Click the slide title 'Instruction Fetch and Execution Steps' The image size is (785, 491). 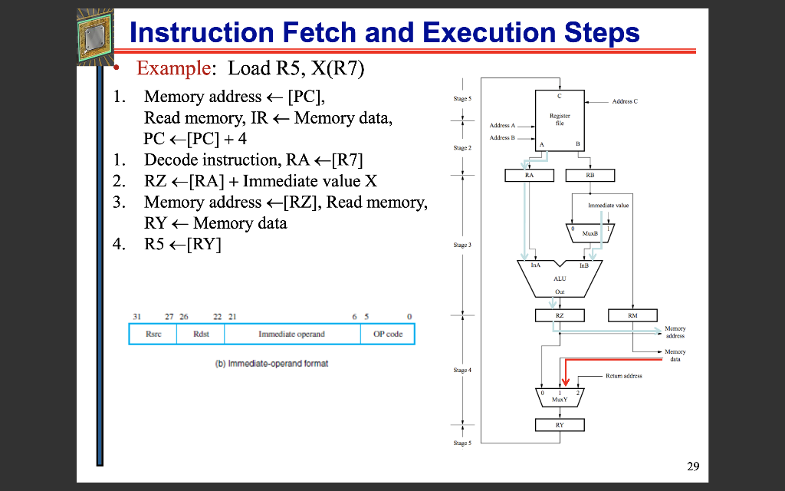[384, 32]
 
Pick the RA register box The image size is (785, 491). [529, 176]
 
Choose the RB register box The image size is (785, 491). [589, 176]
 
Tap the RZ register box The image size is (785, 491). [560, 315]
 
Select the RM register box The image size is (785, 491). [632, 315]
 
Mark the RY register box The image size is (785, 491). [560, 425]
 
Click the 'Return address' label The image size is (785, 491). [624, 376]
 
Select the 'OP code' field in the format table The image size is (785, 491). [388, 334]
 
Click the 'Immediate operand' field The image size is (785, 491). [291, 334]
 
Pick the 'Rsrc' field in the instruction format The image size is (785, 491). [153, 334]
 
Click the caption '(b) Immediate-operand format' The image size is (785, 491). [271, 363]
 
